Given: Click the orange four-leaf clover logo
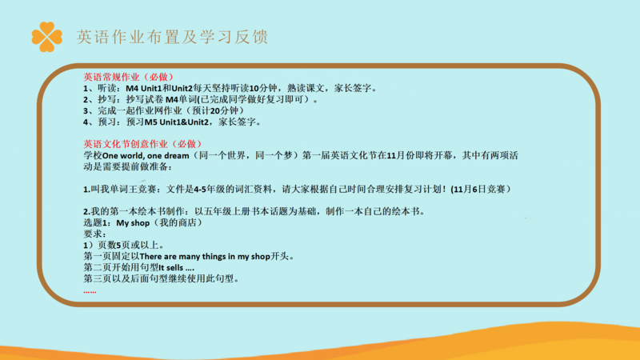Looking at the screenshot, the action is [x=47, y=37].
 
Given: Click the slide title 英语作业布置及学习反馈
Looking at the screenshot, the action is [x=172, y=37].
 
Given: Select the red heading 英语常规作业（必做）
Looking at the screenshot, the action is [x=129, y=77].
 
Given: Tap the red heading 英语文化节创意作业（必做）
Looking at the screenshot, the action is [x=143, y=144].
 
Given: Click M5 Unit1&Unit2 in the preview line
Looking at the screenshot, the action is [x=176, y=122].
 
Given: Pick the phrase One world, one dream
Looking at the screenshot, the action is [x=146, y=155].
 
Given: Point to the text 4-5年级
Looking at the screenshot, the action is [x=210, y=189].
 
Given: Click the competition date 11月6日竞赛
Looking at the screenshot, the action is [x=479, y=189].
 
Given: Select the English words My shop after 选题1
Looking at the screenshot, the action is [x=133, y=223].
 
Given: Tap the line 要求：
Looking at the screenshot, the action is [x=95, y=234].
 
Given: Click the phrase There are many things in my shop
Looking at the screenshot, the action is [x=205, y=256].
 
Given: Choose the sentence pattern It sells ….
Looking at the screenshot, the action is [x=176, y=268].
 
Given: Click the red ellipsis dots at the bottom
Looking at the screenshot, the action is [x=90, y=292].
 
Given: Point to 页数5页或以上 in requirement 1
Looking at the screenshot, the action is [x=128, y=246].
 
